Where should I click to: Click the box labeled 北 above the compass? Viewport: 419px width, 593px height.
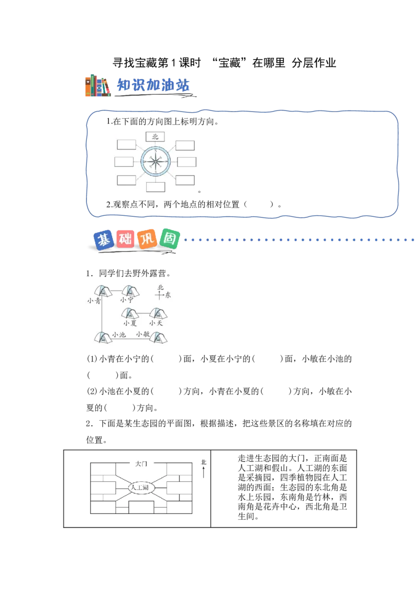coord(155,137)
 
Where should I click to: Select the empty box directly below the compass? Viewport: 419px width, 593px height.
coord(156,187)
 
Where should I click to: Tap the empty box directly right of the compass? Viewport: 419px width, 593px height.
coord(186,161)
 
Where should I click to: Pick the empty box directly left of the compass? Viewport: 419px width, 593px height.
coord(124,161)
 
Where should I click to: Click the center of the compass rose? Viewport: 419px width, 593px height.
coord(155,161)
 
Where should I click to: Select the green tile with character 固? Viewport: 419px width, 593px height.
coord(169,239)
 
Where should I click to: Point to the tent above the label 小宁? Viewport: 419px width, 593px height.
coord(130,291)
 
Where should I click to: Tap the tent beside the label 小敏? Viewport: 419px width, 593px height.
coord(159,337)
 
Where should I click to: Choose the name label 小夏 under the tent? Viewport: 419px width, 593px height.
coord(130,323)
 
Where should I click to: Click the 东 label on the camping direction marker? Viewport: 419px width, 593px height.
coord(168,295)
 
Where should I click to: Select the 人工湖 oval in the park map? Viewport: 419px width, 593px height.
coord(140,487)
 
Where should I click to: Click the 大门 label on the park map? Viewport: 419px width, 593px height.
coord(141,464)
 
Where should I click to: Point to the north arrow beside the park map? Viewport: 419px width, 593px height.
coord(203,472)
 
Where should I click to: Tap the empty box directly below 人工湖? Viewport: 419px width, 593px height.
coord(141,507)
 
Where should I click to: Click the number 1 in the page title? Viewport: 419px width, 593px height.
coord(173,63)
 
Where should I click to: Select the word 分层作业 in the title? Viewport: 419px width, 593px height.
coord(314,63)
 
